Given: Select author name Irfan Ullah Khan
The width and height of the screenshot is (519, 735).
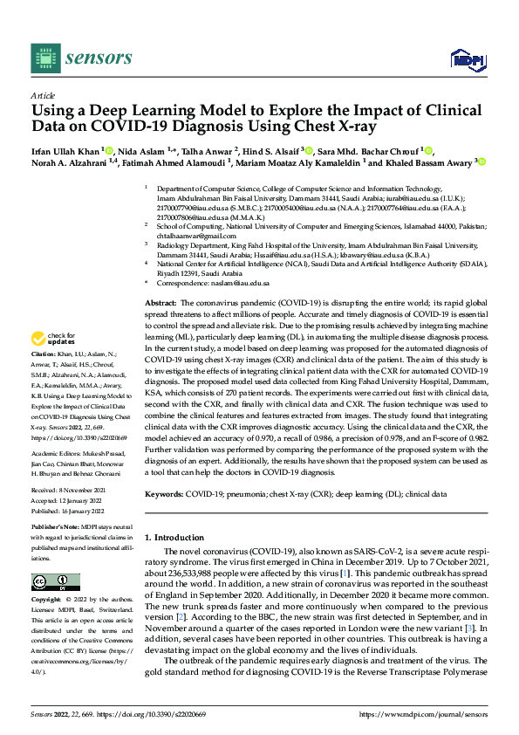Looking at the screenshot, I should click(x=66, y=150).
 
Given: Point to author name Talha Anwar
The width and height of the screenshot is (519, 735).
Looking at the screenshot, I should click(x=208, y=150).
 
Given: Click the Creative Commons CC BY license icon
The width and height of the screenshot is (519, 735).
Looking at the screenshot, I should click(x=56, y=581).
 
